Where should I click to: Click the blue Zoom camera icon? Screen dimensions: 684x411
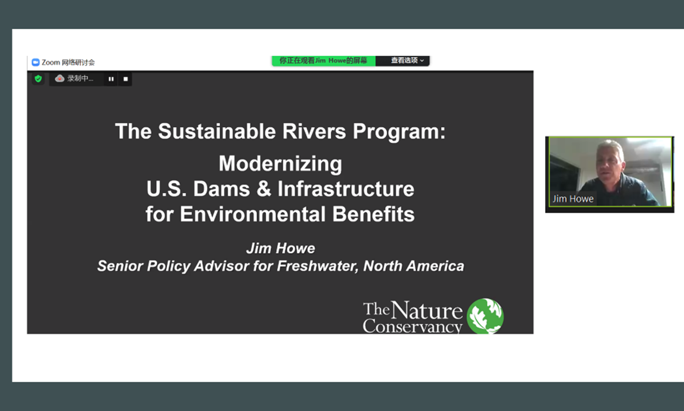[36, 62]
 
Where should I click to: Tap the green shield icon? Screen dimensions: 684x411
[38, 79]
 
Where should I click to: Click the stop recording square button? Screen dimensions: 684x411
[125, 79]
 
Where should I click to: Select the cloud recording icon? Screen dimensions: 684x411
[59, 79]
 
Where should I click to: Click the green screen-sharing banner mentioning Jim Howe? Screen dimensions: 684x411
[324, 61]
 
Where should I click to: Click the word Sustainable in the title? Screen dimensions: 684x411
[217, 131]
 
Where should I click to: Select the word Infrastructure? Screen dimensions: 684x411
[346, 189]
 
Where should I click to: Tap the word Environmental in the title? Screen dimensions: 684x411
[253, 214]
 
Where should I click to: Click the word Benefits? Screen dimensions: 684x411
[373, 214]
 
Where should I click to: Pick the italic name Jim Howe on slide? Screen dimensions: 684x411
[281, 248]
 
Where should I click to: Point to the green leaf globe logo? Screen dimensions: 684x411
[485, 316]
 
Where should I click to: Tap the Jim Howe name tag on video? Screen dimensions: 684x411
[573, 199]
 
